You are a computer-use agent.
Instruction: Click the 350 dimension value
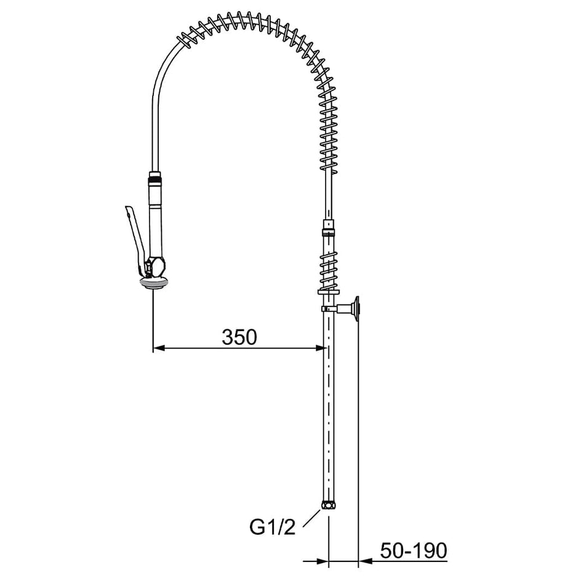tap(239, 337)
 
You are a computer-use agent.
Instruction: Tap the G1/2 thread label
tap(273, 527)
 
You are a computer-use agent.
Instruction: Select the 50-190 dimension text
tap(414, 551)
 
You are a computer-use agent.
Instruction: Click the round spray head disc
tap(154, 283)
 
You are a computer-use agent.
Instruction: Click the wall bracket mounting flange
tap(357, 309)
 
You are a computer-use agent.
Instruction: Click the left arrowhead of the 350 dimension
tap(159, 348)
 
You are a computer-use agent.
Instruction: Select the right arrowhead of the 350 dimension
tap(321, 348)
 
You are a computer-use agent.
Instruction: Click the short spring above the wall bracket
tap(329, 270)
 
